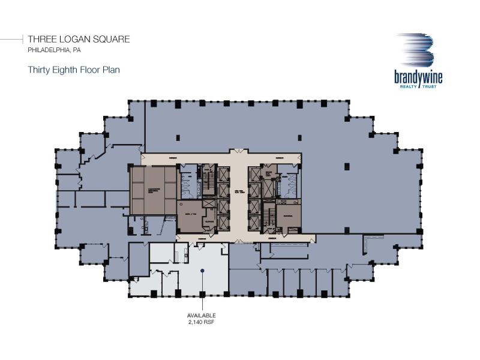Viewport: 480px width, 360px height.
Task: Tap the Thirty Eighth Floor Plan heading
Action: [74, 70]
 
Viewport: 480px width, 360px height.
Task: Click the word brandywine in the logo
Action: [416, 77]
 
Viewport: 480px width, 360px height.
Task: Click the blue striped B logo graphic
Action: [416, 50]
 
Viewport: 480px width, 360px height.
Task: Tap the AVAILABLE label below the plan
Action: [202, 316]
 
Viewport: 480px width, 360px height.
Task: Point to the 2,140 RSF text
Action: [202, 322]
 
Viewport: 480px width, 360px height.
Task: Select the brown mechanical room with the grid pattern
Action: [153, 189]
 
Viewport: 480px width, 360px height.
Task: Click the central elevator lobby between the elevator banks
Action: [239, 192]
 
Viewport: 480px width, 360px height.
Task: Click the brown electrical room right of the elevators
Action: [288, 216]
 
